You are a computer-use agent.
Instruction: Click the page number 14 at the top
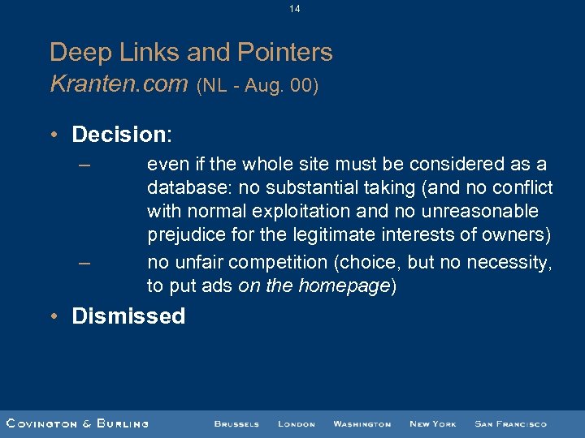pyautogui.click(x=293, y=9)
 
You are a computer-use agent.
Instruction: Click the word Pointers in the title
pyautogui.click(x=284, y=53)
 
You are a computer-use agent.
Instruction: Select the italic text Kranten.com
pyautogui.click(x=119, y=84)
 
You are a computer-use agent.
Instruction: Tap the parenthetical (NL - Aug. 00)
pyautogui.click(x=258, y=86)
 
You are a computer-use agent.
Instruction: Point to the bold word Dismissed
pyautogui.click(x=128, y=316)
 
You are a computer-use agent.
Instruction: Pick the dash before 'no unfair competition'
pyautogui.click(x=85, y=262)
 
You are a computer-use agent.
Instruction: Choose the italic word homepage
pyautogui.click(x=343, y=286)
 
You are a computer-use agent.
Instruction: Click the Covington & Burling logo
pyautogui.click(x=77, y=423)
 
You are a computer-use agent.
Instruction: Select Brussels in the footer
pyautogui.click(x=236, y=424)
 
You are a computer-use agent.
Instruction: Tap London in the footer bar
pyautogui.click(x=296, y=424)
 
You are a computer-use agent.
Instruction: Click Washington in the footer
pyautogui.click(x=362, y=424)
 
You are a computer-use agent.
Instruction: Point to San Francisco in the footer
pyautogui.click(x=510, y=424)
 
